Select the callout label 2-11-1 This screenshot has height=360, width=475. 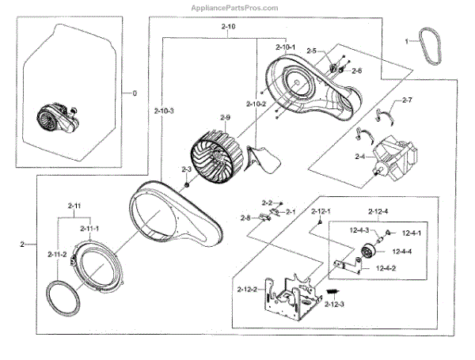pos(91,229)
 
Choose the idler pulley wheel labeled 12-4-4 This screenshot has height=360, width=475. pos(367,253)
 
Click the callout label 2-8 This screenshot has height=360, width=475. pos(245,218)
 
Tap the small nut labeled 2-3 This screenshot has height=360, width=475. pos(186,186)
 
